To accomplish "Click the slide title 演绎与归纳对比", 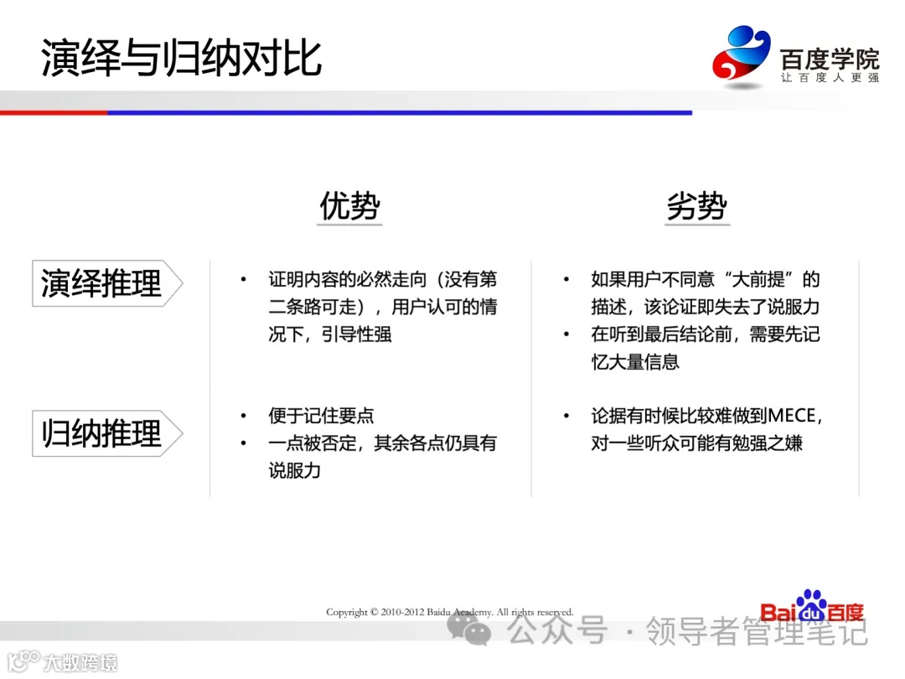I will coord(181,59).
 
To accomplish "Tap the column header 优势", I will coord(350,206).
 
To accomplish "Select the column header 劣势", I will coord(697,206).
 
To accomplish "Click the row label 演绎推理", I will coord(101,283).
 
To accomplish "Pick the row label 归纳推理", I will coord(101,434).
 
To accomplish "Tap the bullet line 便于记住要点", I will coord(321,416).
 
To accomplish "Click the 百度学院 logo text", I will coord(830,59).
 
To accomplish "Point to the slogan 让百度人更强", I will coord(830,78).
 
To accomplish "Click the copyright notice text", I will coord(450,612).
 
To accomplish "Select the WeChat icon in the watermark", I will coord(469,629).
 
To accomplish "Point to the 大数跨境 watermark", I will coord(80,662).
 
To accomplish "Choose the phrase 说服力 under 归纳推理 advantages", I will coord(295,470).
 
